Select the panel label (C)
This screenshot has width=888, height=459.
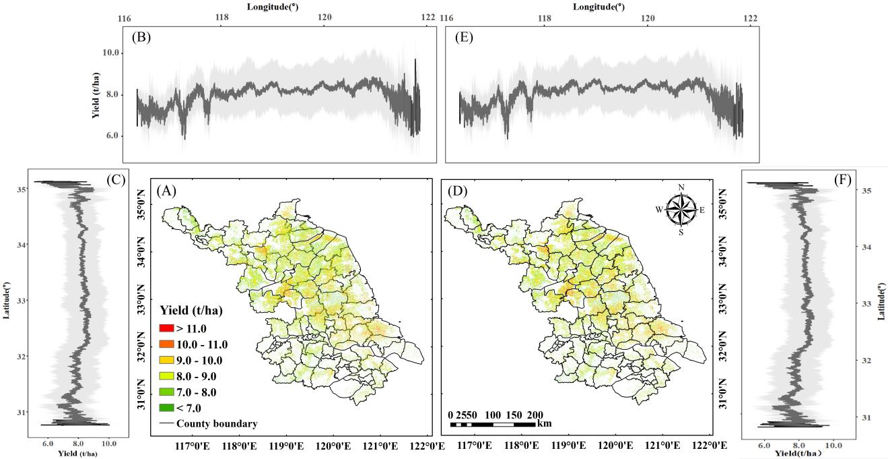(116, 180)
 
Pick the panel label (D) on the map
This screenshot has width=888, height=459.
(458, 191)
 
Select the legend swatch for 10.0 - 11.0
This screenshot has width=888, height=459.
(168, 344)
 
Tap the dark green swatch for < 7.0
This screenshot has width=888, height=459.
(168, 408)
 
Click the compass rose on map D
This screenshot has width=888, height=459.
(682, 208)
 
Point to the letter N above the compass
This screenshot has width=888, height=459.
(681, 188)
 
